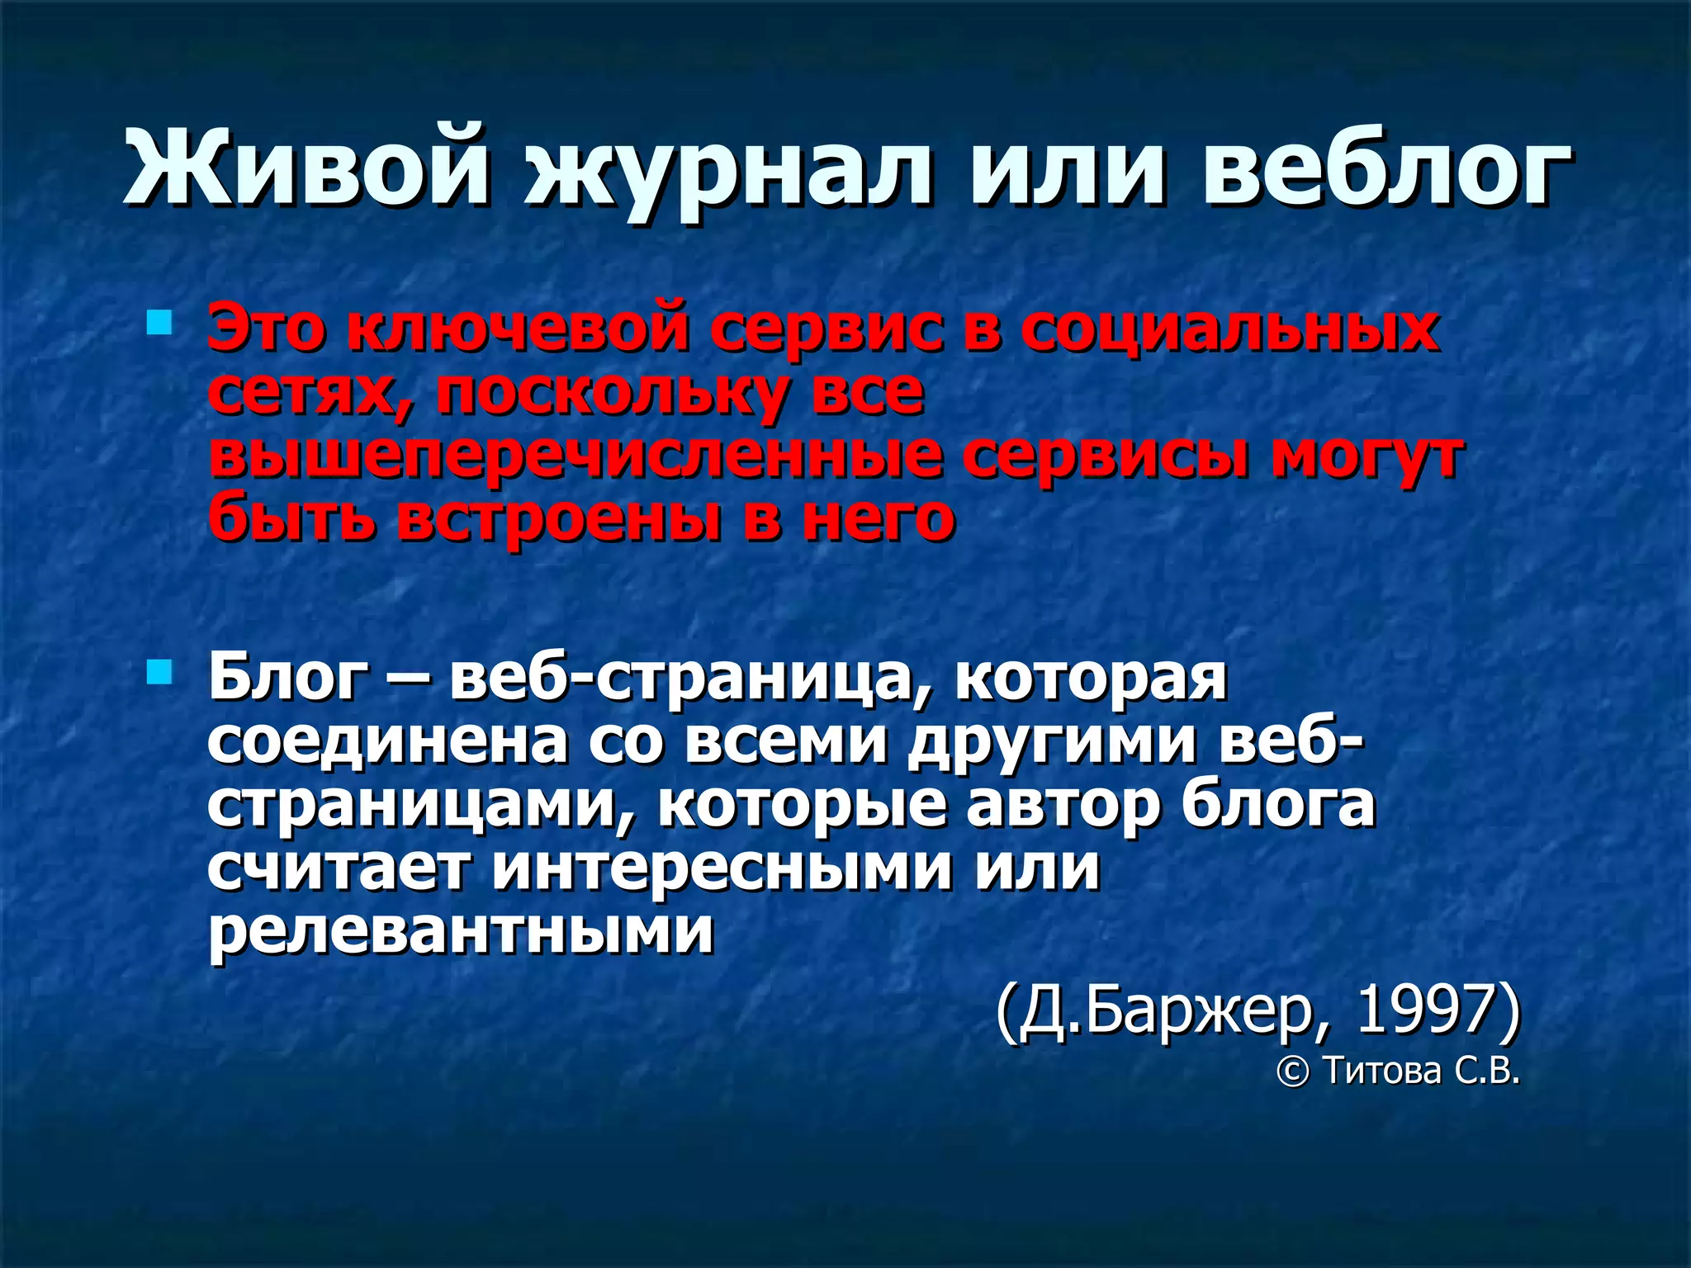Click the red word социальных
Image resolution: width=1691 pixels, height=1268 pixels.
[x=1230, y=329]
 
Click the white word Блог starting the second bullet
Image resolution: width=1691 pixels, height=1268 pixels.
[x=288, y=679]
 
